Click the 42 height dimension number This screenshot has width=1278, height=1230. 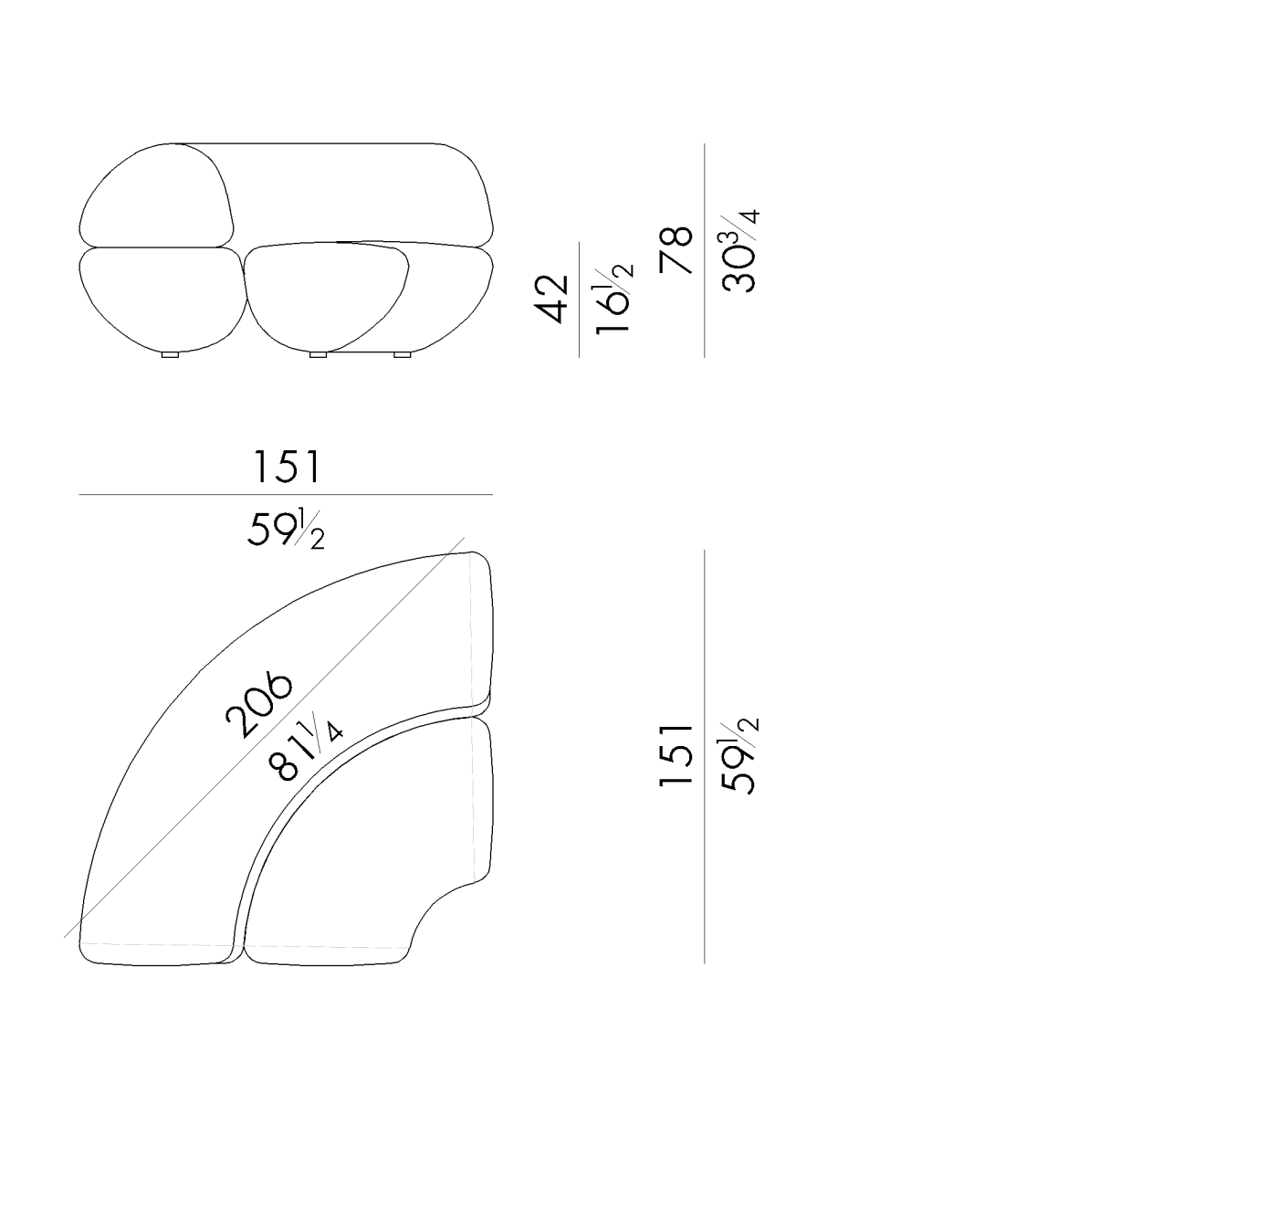tap(551, 299)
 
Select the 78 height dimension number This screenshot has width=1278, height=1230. tap(676, 249)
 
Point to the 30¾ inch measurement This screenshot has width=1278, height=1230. tap(739, 250)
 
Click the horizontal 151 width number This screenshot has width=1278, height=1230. tap(287, 467)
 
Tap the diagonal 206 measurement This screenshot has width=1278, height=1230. tap(258, 704)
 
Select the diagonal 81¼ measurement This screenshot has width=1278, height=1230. tap(306, 750)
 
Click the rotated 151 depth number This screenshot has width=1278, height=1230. tap(676, 755)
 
